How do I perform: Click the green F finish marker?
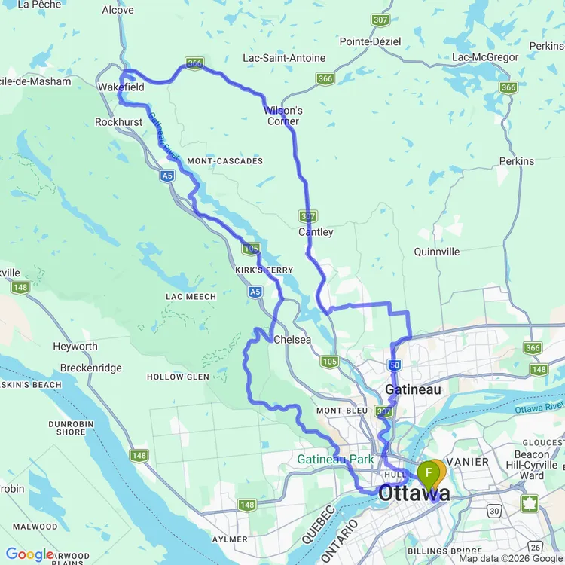coord(428,473)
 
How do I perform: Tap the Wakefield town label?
coord(121,87)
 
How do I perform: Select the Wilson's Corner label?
coord(283,116)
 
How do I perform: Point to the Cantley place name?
coord(316,232)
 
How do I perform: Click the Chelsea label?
coord(292,340)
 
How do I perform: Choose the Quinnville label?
coord(437,252)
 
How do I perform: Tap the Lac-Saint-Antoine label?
coord(284,58)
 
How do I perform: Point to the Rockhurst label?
coord(119,122)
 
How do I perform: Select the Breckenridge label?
coord(87,368)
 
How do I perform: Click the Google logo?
coord(29,555)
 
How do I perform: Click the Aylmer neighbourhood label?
coord(230,539)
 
